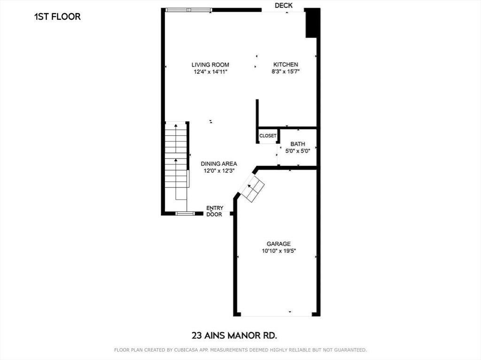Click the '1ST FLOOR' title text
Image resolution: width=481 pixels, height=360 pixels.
[57, 17]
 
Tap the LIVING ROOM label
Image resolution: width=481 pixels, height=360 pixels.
[210, 65]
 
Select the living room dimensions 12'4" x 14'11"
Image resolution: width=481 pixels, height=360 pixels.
[210, 72]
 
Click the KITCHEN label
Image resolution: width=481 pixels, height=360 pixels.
[286, 65]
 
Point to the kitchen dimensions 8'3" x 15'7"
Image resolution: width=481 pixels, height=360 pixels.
[286, 72]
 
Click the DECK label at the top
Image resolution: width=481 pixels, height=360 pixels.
[284, 6]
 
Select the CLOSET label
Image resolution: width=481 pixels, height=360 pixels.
[268, 136]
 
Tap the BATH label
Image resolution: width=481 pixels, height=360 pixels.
[297, 144]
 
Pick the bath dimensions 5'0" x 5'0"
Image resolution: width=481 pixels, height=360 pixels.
[297, 151]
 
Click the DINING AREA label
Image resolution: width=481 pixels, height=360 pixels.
[219, 164]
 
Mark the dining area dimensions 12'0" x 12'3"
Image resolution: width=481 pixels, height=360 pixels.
[219, 171]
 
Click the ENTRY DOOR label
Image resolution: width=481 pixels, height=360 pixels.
[215, 211]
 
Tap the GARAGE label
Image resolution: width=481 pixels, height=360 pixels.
[279, 244]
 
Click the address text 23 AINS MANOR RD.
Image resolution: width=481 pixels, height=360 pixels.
[234, 336]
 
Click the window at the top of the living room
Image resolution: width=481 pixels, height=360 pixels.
[188, 9]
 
